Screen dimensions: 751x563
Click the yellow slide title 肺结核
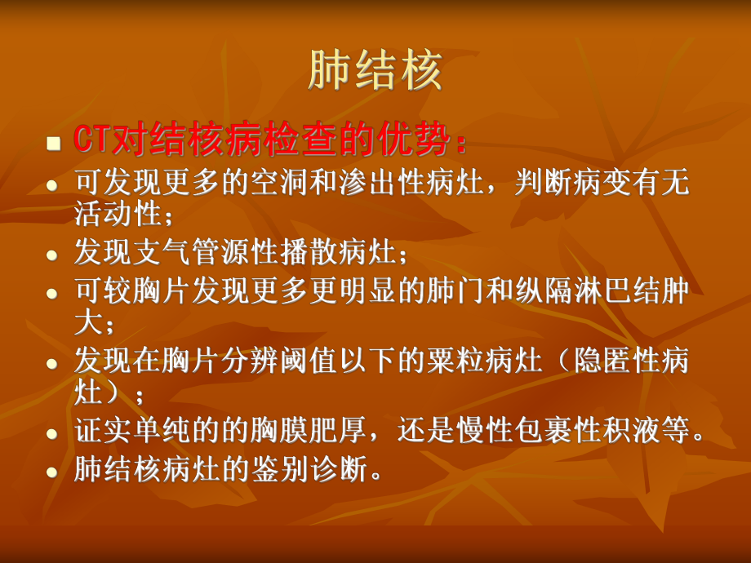click(375, 70)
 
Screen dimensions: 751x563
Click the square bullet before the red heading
click(54, 143)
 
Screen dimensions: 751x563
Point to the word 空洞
click(280, 183)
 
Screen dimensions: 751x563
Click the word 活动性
click(118, 213)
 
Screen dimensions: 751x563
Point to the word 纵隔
click(544, 290)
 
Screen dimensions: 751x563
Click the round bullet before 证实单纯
click(52, 434)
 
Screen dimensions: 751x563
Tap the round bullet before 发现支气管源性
click(52, 255)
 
